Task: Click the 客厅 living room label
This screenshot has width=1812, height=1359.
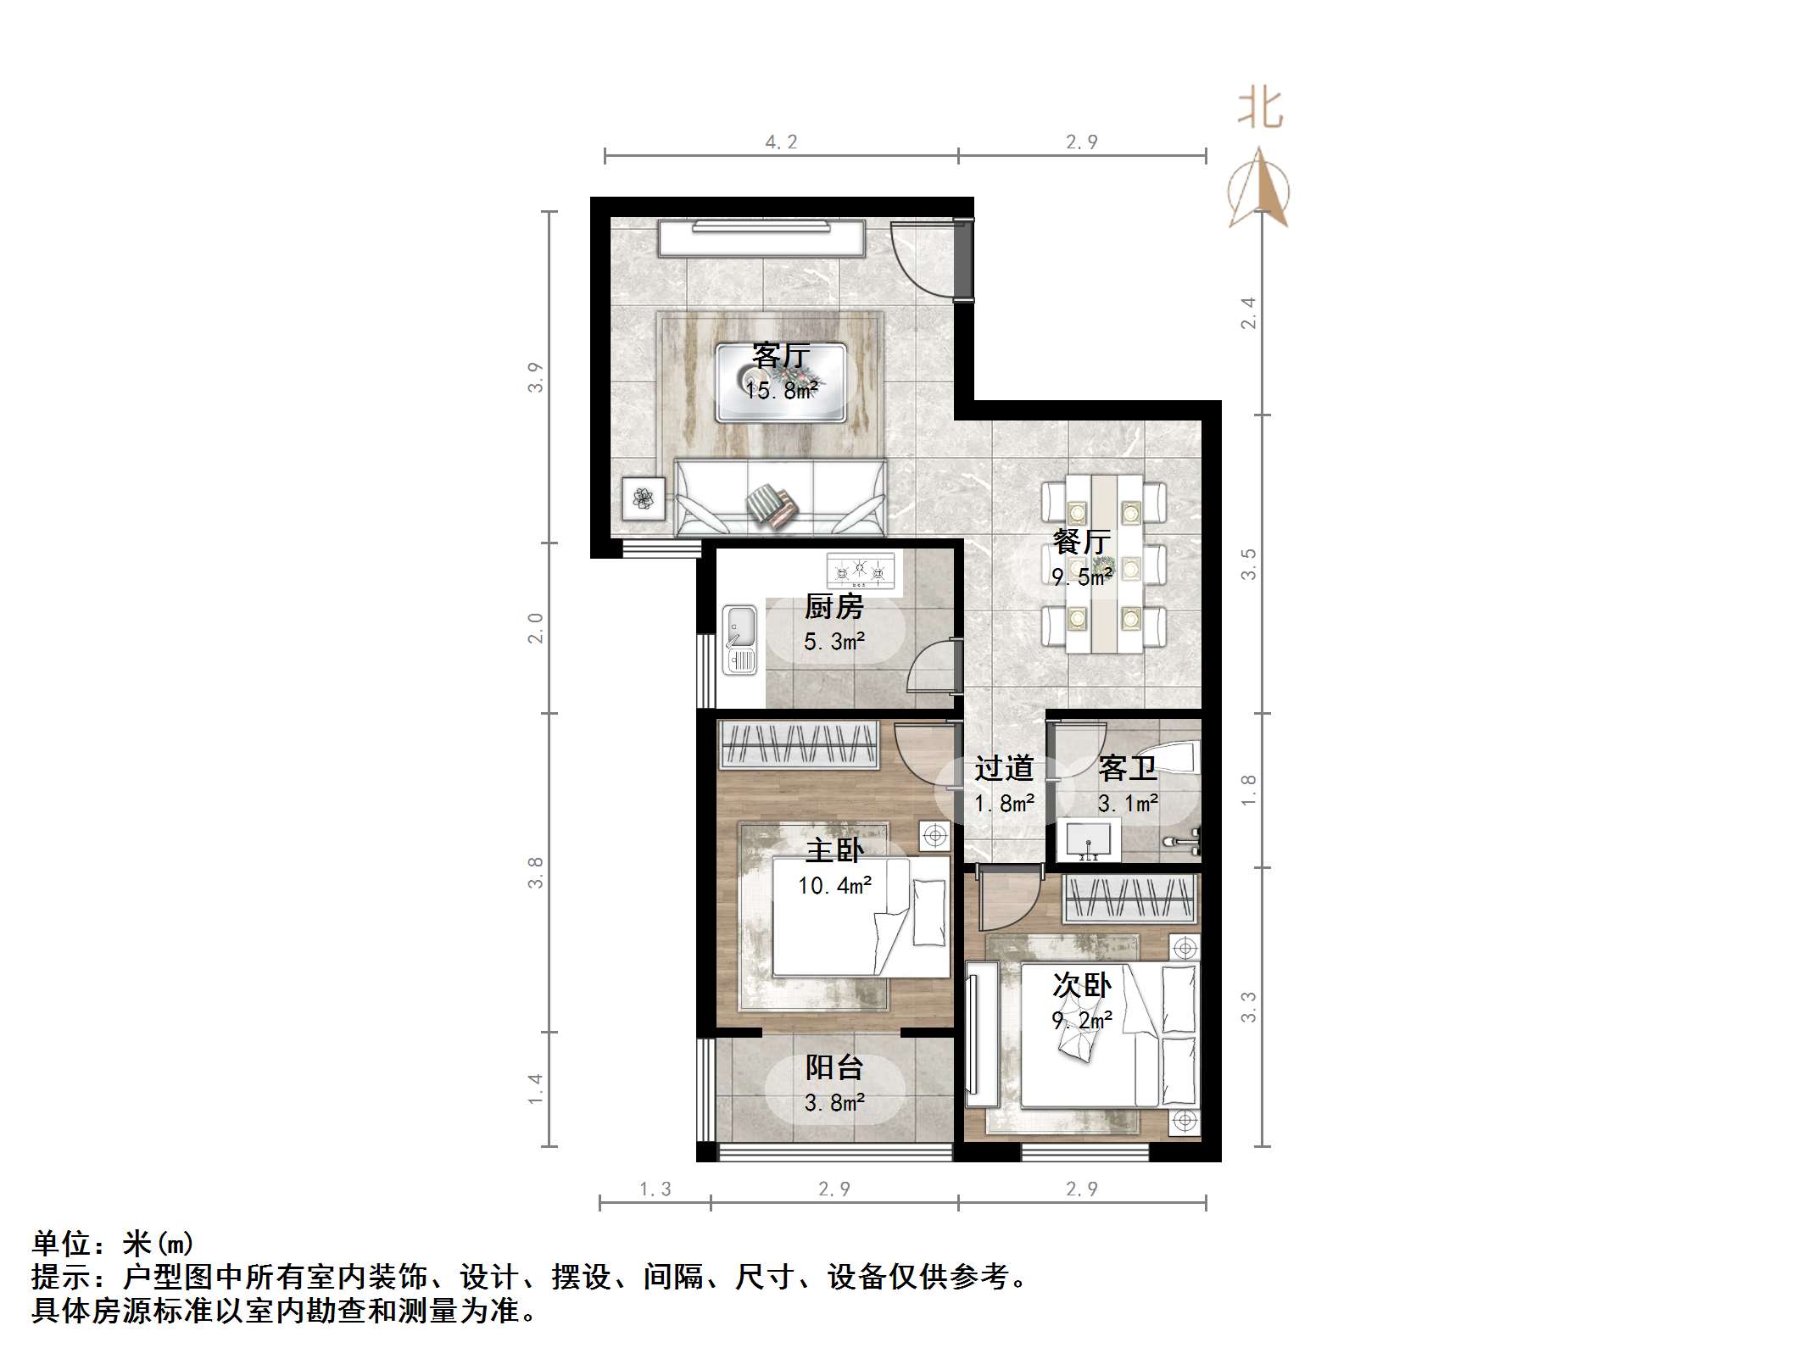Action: [x=781, y=355]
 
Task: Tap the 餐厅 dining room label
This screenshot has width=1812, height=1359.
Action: [x=1081, y=542]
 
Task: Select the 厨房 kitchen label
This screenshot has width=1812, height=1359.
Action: [x=834, y=607]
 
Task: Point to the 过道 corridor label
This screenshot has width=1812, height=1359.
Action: [x=1004, y=769]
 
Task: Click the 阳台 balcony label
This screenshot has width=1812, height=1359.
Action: [x=834, y=1067]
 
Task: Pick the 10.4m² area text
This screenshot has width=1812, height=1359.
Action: [x=834, y=886]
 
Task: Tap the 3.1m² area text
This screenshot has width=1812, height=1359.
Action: [x=1128, y=803]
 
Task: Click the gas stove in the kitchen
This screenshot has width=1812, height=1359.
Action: [x=861, y=571]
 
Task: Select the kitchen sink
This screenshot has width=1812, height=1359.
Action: [x=739, y=639]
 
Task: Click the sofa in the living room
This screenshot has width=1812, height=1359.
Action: [x=780, y=498]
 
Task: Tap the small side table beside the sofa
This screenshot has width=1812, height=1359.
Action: [x=644, y=498]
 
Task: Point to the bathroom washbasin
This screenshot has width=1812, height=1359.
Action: [x=1089, y=841]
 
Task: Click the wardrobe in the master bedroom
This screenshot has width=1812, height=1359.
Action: [x=798, y=744]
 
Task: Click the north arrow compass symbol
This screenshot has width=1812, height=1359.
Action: [x=1259, y=188]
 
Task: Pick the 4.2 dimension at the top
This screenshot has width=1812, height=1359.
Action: [x=781, y=142]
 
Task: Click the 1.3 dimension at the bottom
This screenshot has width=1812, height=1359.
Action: [x=655, y=1189]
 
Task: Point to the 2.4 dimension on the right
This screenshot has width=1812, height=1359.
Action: [x=1248, y=313]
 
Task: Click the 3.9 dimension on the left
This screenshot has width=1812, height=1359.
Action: [x=534, y=377]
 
